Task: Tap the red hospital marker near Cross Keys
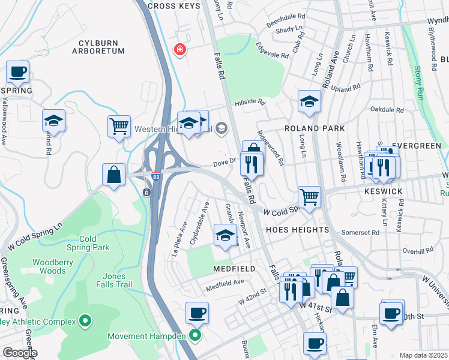tap(179, 49)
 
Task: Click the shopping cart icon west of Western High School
tap(119, 127)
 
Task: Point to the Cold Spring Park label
tap(87, 243)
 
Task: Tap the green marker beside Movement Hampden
tap(194, 335)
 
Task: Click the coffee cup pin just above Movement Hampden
tap(197, 313)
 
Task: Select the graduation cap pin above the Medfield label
tap(225, 235)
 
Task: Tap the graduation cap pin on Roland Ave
tap(309, 101)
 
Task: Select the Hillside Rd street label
tap(250, 102)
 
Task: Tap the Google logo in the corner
tap(19, 353)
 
